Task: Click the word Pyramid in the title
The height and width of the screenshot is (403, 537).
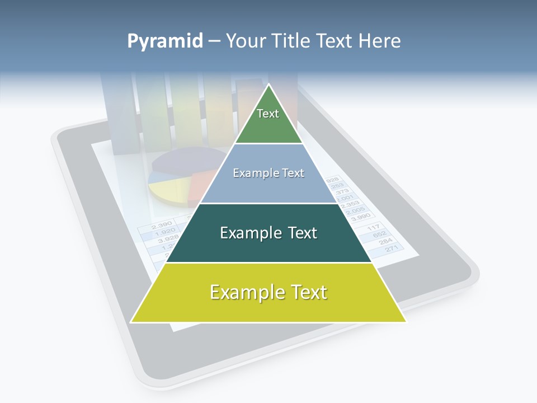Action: pos(165,41)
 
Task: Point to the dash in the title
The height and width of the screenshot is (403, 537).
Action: pos(214,41)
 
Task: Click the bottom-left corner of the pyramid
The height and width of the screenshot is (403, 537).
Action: pos(131,322)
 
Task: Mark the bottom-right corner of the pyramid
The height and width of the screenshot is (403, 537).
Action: pos(406,321)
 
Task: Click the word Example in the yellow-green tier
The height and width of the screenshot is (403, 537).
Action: pos(241,292)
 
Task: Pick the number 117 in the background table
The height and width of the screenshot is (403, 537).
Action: pos(373,228)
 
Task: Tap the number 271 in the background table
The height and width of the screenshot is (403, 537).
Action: pos(392,249)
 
